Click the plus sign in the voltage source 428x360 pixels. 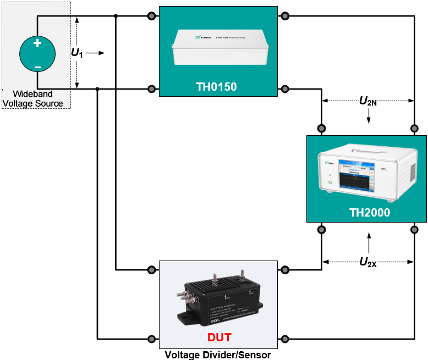click(37, 43)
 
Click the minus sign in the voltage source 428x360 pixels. click(37, 67)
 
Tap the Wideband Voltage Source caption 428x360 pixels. click(34, 99)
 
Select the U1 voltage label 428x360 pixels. click(76, 53)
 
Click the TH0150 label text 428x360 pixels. click(216, 86)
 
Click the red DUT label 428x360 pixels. click(219, 337)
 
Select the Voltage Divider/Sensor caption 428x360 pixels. click(218, 355)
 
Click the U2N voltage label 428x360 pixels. click(368, 101)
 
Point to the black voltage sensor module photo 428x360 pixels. click(218, 300)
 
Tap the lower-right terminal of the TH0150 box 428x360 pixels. click(284, 88)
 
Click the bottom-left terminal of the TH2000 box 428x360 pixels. click(321, 229)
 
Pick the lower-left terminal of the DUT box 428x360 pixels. click(151, 339)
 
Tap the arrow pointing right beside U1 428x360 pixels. click(95, 53)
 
